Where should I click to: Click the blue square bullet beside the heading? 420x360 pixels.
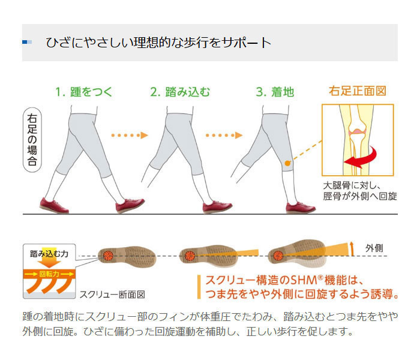[x=27, y=42]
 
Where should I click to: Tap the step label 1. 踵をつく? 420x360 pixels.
[x=84, y=92]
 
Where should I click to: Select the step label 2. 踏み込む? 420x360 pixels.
[x=180, y=92]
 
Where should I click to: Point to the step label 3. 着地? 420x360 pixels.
[x=275, y=92]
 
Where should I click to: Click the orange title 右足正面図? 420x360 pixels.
[x=358, y=91]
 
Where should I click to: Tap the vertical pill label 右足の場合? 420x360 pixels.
[x=32, y=140]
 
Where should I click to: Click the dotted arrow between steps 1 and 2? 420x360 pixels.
[x=130, y=135]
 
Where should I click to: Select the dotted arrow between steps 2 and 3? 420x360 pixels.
[x=224, y=135]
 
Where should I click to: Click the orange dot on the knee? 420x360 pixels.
[x=287, y=163]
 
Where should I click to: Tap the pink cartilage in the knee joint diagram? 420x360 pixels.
[x=358, y=132]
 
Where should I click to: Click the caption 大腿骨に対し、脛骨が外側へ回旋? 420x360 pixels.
[x=360, y=191]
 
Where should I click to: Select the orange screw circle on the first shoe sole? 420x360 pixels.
[x=107, y=255]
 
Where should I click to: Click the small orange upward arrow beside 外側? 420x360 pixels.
[x=352, y=248]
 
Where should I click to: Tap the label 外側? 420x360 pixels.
[x=374, y=248]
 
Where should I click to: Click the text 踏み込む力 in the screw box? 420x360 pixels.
[x=49, y=253]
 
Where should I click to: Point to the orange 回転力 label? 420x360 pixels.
[x=49, y=274]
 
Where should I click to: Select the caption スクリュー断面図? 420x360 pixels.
[x=113, y=295]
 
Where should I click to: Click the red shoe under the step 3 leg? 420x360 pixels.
[x=301, y=208]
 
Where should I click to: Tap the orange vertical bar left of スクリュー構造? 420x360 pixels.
[x=199, y=287]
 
